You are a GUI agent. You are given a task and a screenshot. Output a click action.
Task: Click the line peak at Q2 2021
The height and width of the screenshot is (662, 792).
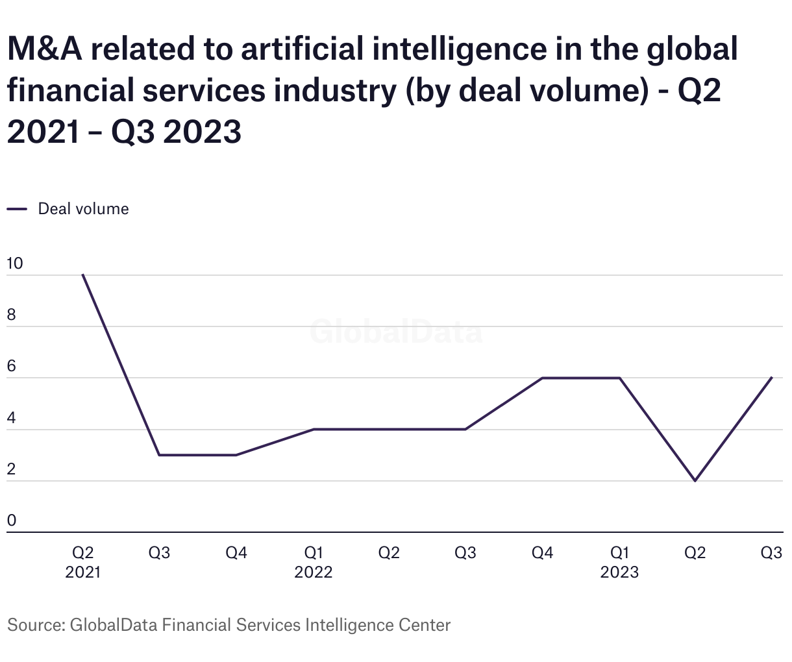point(83,275)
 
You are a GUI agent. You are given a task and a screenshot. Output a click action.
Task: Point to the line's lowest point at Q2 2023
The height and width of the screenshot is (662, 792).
point(695,481)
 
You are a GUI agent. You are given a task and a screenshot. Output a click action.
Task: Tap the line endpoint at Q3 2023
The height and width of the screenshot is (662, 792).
point(771,378)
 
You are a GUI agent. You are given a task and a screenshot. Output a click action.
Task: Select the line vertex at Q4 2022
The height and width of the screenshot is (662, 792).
point(542,378)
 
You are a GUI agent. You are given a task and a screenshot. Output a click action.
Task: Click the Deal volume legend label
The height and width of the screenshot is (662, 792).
point(83,209)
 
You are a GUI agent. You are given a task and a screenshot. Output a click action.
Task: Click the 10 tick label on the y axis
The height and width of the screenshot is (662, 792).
point(14,264)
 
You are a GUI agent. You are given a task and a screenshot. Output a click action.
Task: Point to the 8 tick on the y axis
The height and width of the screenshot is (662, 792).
point(11,315)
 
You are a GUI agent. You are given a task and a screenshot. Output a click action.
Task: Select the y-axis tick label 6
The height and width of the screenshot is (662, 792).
point(11,367)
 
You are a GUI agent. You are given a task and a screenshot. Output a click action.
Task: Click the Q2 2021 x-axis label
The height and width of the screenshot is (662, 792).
point(83,562)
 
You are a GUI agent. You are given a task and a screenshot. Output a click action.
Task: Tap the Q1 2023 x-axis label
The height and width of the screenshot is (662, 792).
point(619,562)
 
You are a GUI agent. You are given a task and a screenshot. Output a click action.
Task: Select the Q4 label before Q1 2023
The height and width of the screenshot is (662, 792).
point(542,553)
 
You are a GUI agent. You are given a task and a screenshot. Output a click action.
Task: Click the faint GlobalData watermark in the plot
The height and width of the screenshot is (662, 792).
point(396,332)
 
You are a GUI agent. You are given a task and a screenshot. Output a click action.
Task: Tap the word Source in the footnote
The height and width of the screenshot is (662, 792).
point(34,625)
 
